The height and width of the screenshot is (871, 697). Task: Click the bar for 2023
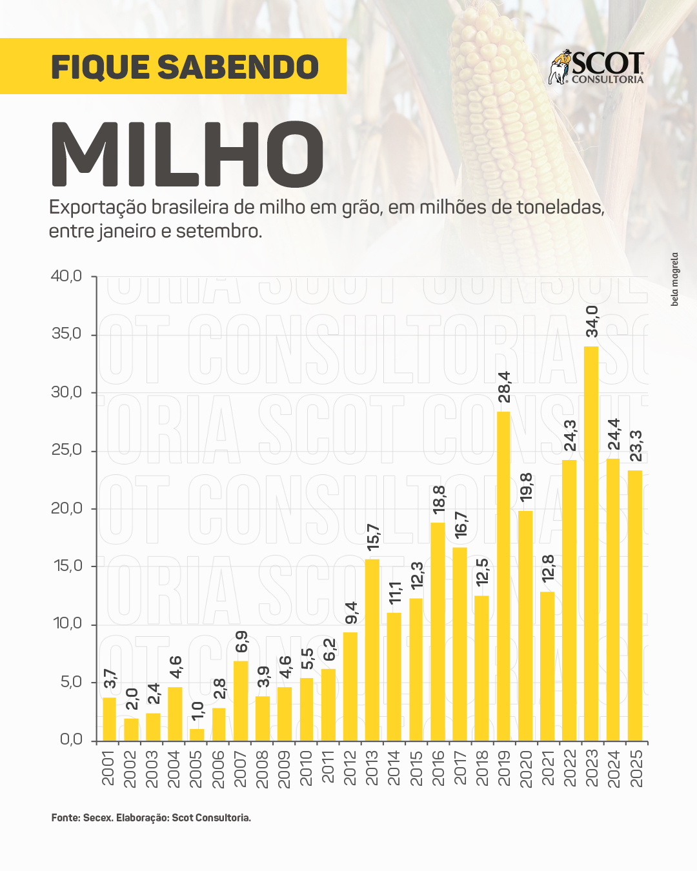[591, 543]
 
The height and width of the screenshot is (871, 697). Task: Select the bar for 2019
[503, 576]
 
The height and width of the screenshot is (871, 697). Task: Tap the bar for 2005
[197, 734]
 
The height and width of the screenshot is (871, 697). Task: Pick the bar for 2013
[372, 649]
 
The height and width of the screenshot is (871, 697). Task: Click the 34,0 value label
[592, 321]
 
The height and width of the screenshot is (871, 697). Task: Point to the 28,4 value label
[504, 387]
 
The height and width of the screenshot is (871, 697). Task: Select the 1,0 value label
[197, 710]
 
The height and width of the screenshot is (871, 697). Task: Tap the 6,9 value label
[241, 642]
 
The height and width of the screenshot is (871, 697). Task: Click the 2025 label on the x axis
[636, 768]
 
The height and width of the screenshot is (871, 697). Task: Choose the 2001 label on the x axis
[108, 768]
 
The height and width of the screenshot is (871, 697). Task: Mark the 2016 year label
[438, 768]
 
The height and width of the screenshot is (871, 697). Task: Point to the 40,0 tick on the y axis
[66, 276]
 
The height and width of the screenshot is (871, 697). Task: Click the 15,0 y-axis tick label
[68, 566]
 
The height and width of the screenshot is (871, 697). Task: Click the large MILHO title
[187, 155]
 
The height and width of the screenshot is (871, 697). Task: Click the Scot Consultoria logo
[596, 68]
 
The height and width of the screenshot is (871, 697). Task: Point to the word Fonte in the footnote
[65, 817]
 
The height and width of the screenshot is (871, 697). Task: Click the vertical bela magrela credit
[674, 279]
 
